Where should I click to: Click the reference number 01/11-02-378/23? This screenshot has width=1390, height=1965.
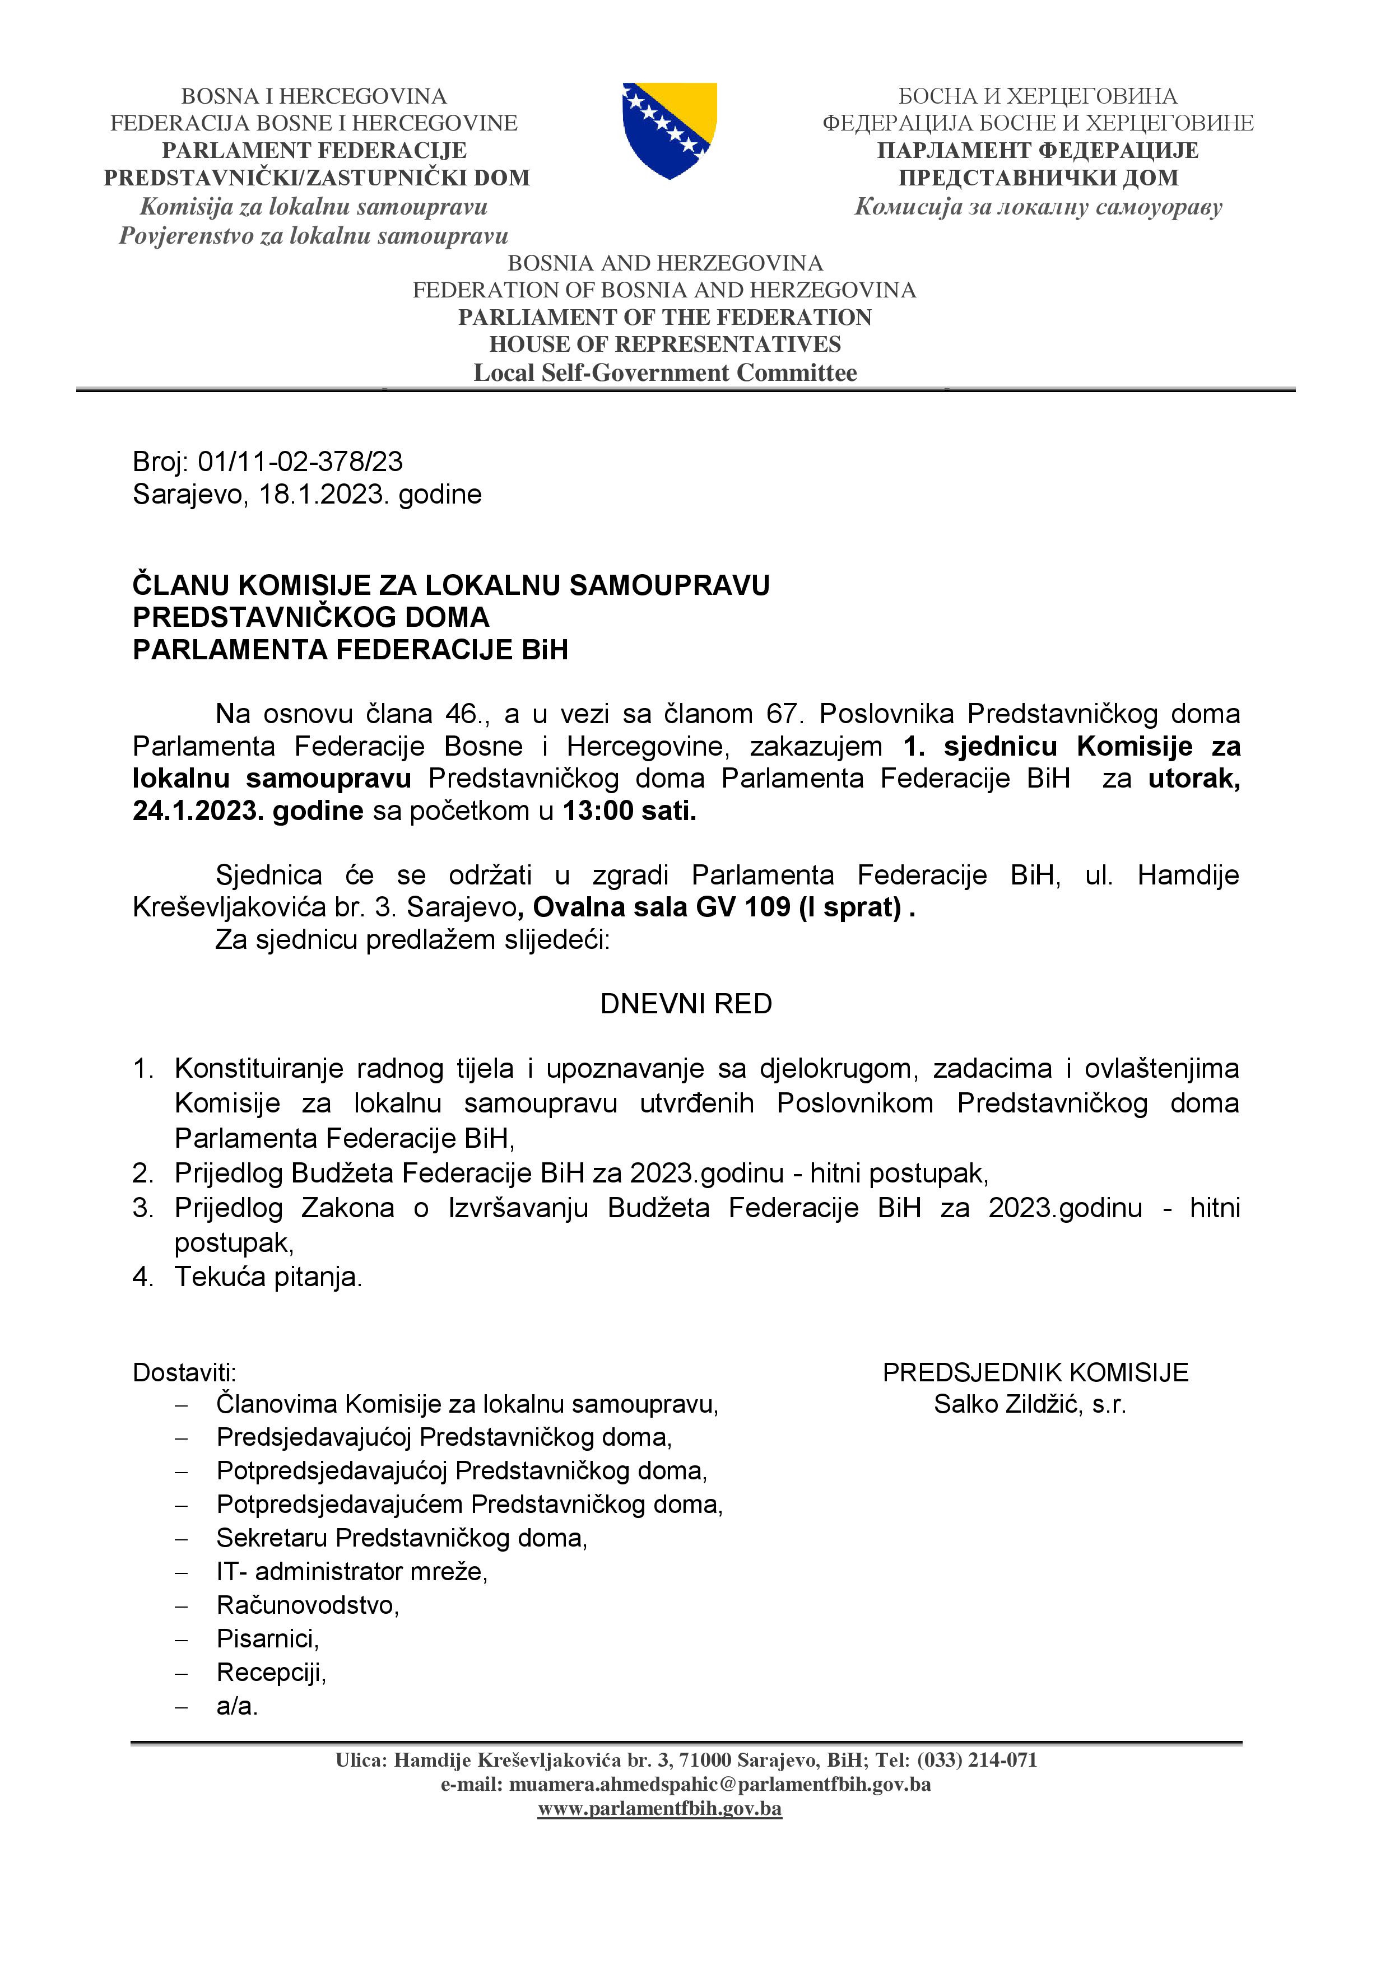tap(300, 462)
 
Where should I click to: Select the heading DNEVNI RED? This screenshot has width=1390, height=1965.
tap(686, 1003)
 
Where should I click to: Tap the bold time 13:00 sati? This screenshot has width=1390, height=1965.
tap(629, 811)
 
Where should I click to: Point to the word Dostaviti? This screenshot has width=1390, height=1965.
tap(184, 1373)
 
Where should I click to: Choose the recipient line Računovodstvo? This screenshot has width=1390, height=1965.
tap(307, 1605)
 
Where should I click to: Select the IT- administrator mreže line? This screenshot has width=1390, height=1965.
tap(351, 1571)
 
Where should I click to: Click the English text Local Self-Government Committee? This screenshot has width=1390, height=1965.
tap(665, 372)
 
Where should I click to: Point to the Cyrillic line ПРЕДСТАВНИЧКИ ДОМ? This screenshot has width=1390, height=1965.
tap(1038, 178)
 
